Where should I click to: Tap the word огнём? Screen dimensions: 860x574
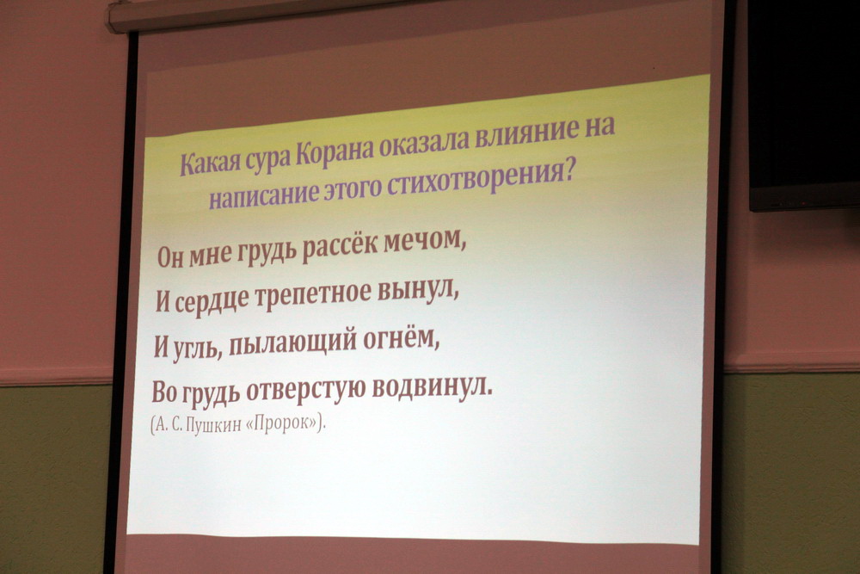pyautogui.click(x=402, y=337)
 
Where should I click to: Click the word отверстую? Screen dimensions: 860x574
pyautogui.click(x=306, y=390)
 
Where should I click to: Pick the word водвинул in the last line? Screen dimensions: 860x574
pyautogui.click(x=433, y=387)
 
